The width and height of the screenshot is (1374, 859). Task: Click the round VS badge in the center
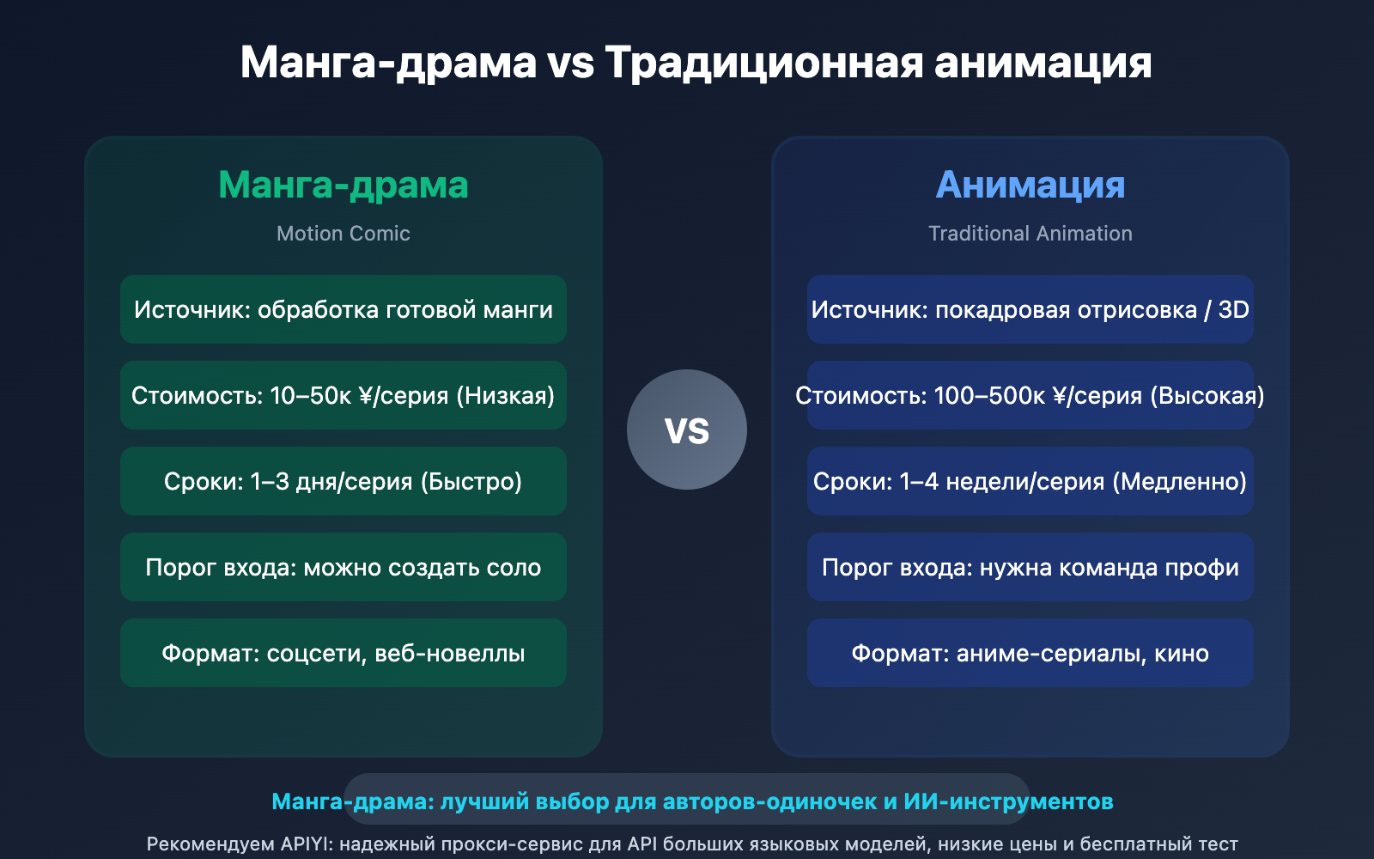tap(686, 429)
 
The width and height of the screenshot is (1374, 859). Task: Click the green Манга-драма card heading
tap(343, 185)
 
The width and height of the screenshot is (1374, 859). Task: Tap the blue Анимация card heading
tap(1030, 185)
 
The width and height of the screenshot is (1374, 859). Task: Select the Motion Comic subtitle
tap(343, 234)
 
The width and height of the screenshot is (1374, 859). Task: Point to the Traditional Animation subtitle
tap(1030, 234)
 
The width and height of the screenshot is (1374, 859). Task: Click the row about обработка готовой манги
tap(343, 309)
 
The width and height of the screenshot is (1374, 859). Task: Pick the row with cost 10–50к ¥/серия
tap(343, 395)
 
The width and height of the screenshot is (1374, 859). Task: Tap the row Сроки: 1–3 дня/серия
tap(343, 481)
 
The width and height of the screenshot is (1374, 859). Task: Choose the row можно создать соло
tap(343, 567)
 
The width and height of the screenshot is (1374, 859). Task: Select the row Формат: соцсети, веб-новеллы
tap(343, 653)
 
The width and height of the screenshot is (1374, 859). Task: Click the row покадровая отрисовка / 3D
tap(1030, 309)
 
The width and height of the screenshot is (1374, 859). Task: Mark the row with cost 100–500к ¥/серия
tap(1030, 395)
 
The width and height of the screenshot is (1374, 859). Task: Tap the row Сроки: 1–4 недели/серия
tap(1030, 481)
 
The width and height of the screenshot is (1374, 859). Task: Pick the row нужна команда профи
tap(1030, 567)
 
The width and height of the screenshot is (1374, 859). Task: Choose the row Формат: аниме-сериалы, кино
tap(1030, 653)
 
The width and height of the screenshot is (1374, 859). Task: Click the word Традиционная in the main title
tap(764, 63)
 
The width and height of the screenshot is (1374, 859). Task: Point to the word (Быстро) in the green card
tap(471, 482)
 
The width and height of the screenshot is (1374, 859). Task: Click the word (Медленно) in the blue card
tap(1180, 482)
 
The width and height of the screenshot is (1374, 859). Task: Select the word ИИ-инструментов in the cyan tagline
tap(1008, 801)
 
